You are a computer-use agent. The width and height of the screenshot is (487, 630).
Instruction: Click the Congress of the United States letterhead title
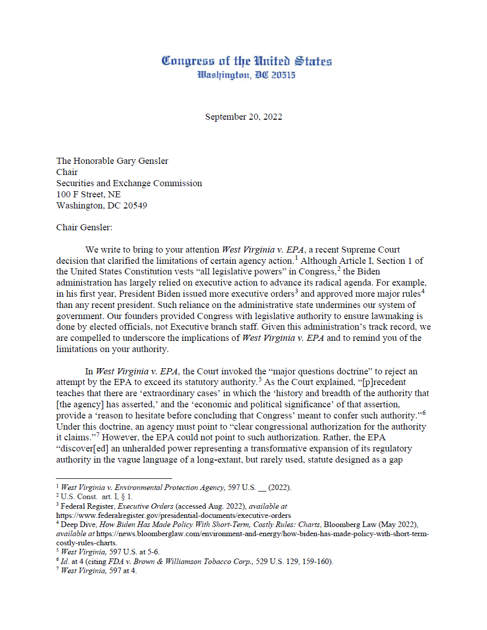(246, 61)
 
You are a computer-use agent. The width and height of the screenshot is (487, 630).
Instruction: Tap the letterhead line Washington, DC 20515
(246, 75)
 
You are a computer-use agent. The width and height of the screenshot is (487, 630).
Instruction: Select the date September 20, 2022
(243, 117)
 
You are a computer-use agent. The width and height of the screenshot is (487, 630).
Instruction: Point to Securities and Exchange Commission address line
(129, 183)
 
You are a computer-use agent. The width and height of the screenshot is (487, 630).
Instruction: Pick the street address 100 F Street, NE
(88, 194)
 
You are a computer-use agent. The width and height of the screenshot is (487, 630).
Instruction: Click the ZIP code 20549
(135, 205)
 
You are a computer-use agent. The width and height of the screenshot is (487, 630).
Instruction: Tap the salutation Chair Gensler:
(84, 227)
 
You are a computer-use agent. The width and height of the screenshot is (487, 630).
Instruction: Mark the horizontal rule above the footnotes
(114, 478)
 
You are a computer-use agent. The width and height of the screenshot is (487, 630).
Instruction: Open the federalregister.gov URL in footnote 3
(174, 515)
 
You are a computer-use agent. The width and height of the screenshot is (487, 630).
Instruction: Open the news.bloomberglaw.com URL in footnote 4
(262, 534)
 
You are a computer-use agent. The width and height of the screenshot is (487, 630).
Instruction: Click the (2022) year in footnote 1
(279, 487)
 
